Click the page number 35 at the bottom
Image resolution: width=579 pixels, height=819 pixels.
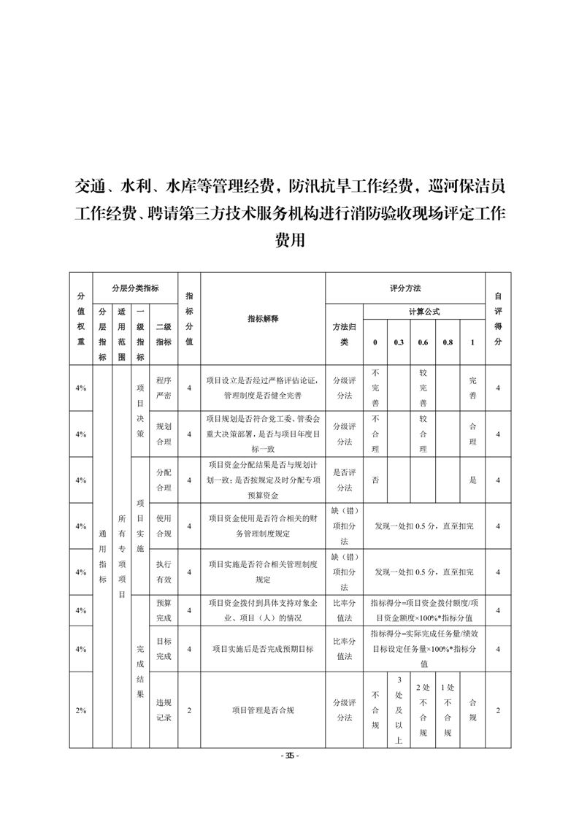click(289, 755)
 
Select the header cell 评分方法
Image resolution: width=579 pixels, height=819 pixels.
click(405, 288)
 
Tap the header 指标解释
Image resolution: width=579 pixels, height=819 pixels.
click(263, 318)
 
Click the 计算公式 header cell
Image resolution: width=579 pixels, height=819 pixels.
click(424, 312)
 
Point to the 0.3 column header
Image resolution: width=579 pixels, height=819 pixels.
click(399, 342)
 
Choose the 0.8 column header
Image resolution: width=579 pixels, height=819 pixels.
click(448, 342)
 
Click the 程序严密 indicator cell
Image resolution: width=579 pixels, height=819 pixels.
click(164, 388)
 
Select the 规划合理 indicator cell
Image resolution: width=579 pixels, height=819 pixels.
click(164, 434)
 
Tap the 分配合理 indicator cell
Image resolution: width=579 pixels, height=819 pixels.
click(164, 480)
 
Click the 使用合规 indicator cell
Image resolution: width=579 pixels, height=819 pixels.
click(164, 526)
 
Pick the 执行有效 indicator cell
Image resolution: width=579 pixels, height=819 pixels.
click(164, 572)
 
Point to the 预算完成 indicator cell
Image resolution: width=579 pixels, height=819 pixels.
click(164, 610)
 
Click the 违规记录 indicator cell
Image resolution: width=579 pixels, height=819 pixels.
click(164, 710)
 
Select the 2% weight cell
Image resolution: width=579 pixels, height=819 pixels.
click(80, 710)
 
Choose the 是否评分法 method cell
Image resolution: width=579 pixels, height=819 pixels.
click(344, 480)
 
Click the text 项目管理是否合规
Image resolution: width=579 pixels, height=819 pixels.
click(263, 710)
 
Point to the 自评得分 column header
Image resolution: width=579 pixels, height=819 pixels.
click(498, 318)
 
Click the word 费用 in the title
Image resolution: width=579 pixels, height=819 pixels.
click(289, 240)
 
